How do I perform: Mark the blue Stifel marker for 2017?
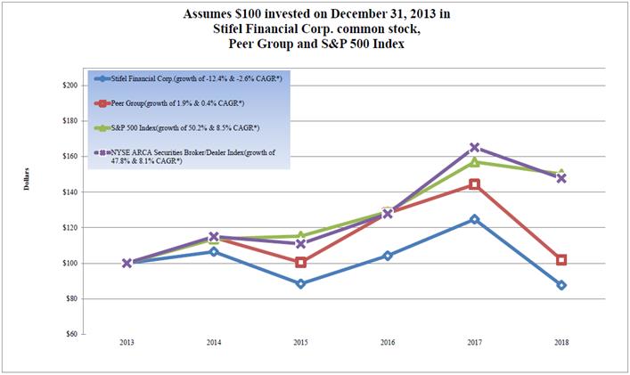click(x=474, y=219)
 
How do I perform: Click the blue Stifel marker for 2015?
click(x=300, y=284)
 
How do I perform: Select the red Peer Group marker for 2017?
click(x=474, y=184)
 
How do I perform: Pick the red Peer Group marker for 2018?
click(x=560, y=260)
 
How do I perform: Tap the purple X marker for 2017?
click(x=474, y=148)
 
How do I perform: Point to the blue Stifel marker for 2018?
click(x=560, y=285)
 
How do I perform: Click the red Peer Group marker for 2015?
click(x=300, y=262)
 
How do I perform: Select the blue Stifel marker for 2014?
click(x=214, y=252)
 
